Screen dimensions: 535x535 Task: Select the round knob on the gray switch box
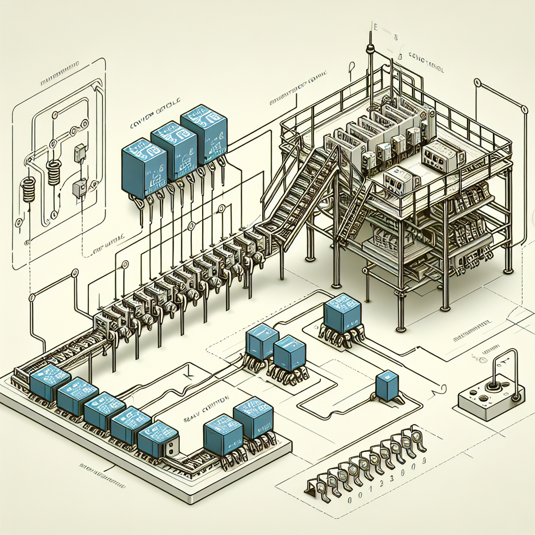point(493,387)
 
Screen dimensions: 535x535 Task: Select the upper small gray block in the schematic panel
point(80,152)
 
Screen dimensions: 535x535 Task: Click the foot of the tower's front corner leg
point(401,328)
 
